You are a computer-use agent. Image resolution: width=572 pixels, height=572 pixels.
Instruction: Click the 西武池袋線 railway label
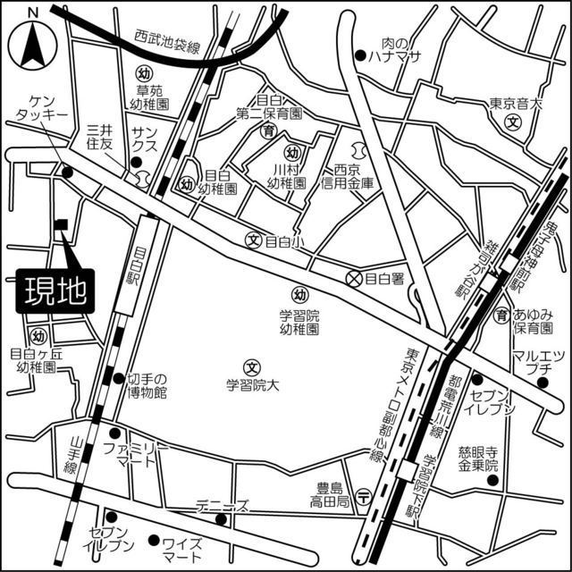[168, 41]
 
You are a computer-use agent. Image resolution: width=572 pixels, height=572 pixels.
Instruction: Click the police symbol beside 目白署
[354, 278]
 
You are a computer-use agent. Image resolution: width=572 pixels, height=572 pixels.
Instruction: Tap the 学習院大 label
[253, 385]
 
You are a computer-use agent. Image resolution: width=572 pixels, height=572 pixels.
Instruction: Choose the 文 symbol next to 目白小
[253, 240]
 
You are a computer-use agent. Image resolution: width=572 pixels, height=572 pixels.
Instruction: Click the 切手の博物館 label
[147, 385]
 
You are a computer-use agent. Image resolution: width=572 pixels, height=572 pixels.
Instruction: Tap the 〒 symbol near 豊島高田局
[363, 497]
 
